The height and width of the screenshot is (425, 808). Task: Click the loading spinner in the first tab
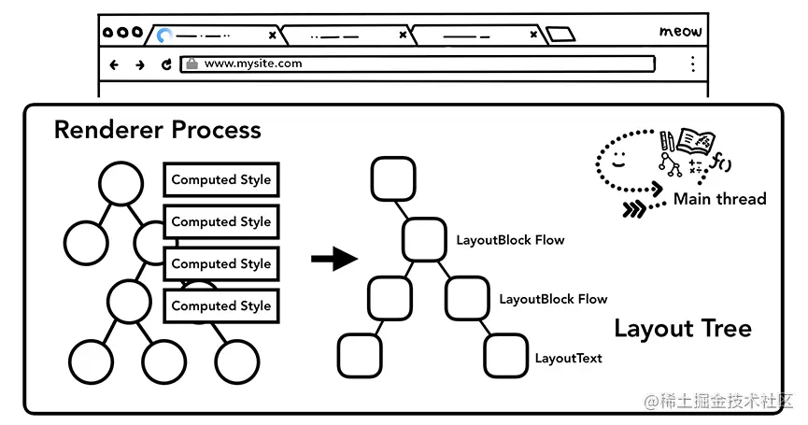165,35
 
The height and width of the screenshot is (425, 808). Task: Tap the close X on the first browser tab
273,35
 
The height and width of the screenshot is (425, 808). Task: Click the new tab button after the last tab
560,35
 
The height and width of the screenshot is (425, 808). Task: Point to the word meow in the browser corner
680,32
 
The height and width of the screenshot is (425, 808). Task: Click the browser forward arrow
140,64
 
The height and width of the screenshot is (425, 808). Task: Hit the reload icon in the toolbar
166,64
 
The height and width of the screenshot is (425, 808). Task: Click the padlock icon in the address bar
191,64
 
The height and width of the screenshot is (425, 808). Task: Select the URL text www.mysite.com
253,64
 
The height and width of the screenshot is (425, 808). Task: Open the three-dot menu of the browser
692,64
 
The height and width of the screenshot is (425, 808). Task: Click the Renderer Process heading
157,130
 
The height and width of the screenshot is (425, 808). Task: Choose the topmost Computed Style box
221,180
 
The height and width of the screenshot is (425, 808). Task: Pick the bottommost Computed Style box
221,306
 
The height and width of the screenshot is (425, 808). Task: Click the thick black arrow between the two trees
333,259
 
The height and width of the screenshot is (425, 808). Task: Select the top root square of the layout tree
392,178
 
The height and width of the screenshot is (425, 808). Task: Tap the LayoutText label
568,358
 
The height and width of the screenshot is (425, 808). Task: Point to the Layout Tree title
682,329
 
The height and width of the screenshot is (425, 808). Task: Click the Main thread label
719,199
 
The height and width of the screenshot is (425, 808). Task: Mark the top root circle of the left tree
121,183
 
